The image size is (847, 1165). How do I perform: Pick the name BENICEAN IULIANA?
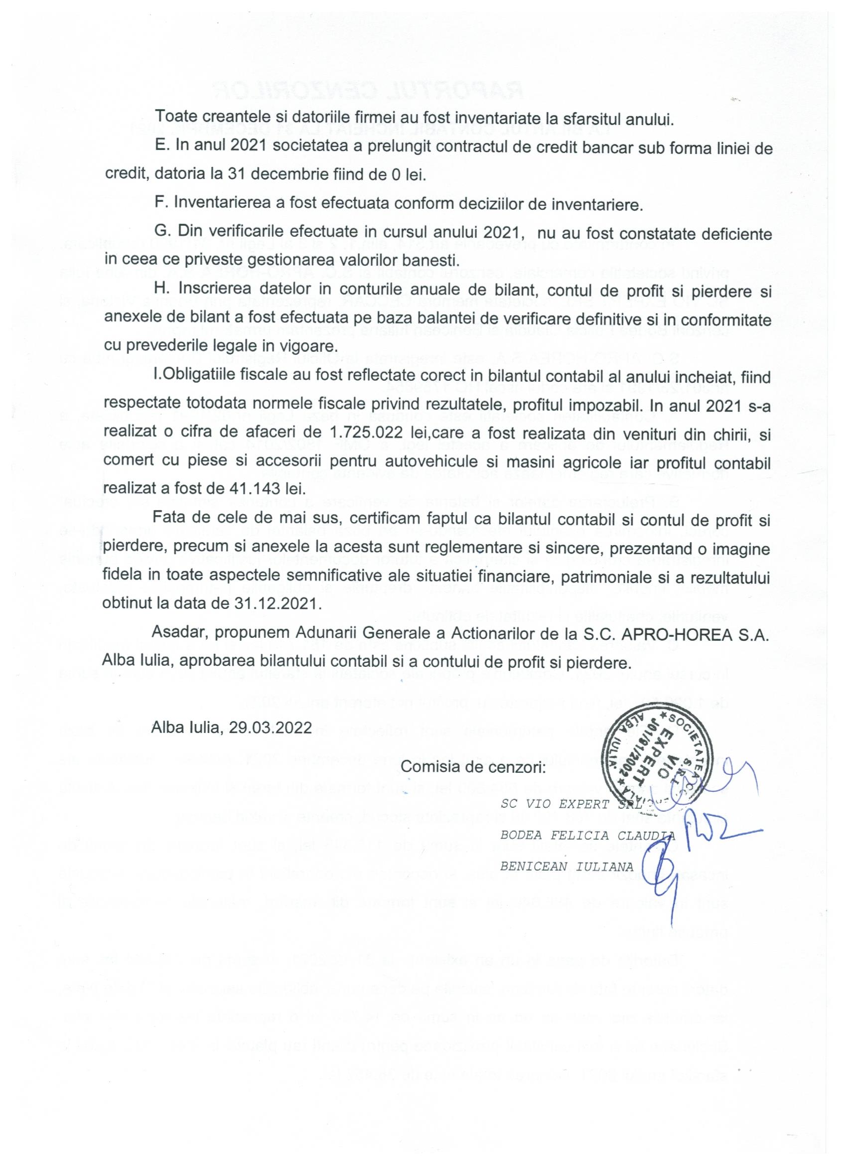[x=567, y=866]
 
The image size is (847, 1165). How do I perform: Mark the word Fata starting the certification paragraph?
[x=169, y=520]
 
